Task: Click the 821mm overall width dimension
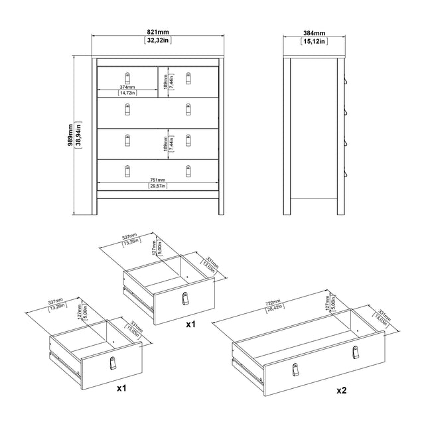[x=157, y=33]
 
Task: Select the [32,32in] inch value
[x=157, y=40]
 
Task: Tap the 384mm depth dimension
[x=315, y=33]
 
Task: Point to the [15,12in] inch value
[x=315, y=40]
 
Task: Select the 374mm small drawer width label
[x=128, y=86]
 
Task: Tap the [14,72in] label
[x=128, y=93]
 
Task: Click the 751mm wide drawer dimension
[x=158, y=178]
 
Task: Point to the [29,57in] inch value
[x=158, y=186]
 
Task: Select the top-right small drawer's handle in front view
[x=188, y=80]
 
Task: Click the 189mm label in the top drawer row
[x=165, y=80]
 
